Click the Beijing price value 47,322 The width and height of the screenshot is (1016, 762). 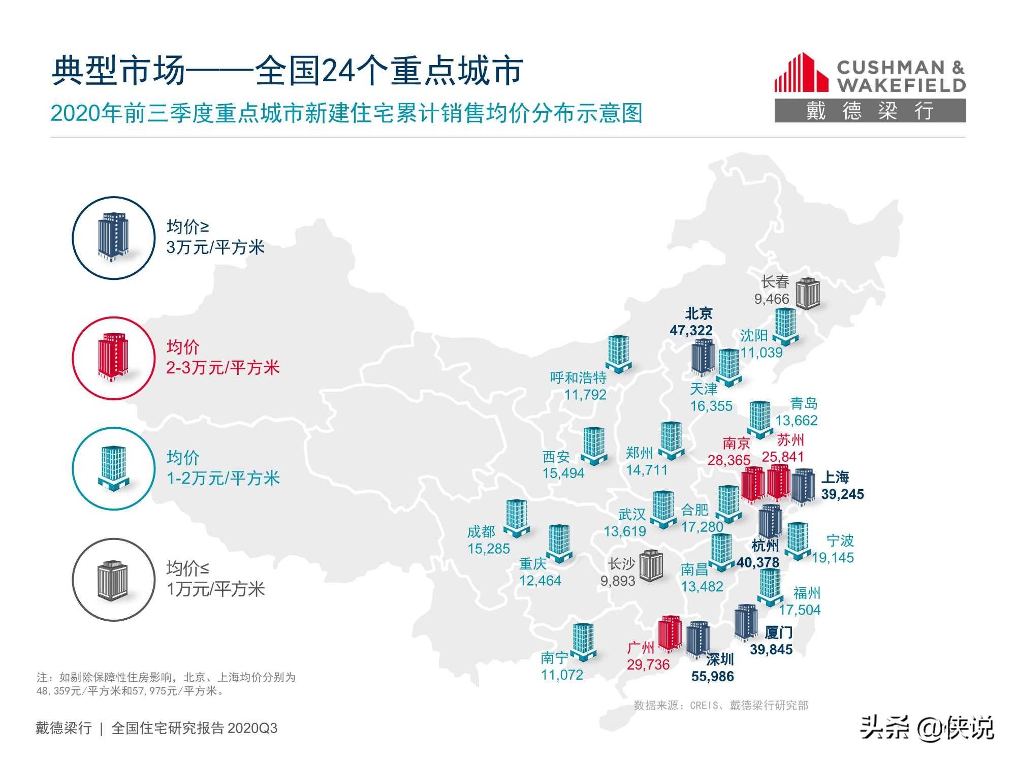(691, 331)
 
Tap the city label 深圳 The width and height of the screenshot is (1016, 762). (720, 659)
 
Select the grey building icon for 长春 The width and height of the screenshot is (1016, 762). (807, 294)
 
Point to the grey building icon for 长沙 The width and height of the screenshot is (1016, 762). (651, 565)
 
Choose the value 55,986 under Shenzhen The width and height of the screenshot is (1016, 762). (712, 677)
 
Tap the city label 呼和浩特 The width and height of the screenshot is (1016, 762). (578, 377)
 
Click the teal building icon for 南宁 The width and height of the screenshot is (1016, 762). (583, 642)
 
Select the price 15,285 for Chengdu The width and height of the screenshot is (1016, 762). (489, 549)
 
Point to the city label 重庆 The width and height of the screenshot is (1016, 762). (533, 564)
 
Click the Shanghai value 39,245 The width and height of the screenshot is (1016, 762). (842, 494)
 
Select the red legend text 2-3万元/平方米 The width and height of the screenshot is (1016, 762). (223, 368)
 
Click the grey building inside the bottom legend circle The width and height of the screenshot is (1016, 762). (113, 580)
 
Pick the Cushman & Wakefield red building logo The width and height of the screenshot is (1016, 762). (801, 73)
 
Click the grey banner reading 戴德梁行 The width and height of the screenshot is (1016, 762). (870, 111)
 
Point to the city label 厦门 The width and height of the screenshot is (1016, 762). (778, 632)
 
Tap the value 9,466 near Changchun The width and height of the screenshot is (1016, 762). (772, 299)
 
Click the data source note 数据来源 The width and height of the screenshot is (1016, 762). (721, 705)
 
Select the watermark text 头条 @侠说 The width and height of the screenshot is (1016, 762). (927, 728)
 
